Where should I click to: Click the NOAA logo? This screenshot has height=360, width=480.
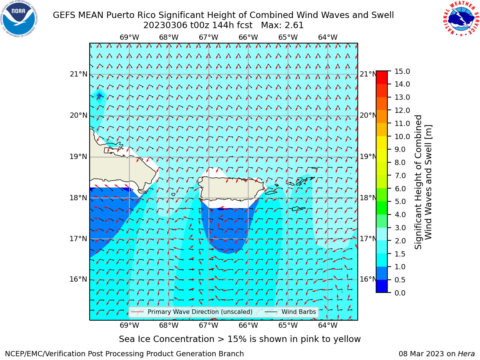click(x=19, y=19)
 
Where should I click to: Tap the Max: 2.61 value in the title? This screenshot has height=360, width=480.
click(x=282, y=25)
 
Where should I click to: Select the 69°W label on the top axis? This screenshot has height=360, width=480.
click(x=129, y=37)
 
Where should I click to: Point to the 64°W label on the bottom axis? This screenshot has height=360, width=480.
click(x=328, y=325)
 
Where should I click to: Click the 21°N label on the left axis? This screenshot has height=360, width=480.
click(x=78, y=74)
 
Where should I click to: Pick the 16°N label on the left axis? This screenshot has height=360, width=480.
click(x=78, y=279)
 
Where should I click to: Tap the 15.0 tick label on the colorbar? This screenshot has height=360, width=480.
click(x=402, y=72)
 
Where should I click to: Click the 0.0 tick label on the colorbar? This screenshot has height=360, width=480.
click(x=400, y=293)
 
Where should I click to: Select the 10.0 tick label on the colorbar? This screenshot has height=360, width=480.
click(x=402, y=136)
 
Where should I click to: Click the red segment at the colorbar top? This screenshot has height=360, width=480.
click(x=382, y=78)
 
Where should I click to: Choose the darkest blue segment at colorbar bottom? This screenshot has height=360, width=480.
click(x=382, y=286)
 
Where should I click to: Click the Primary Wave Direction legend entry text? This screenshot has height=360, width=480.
click(x=200, y=312)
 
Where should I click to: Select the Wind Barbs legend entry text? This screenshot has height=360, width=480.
click(x=299, y=312)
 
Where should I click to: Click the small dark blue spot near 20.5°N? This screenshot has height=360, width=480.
click(x=99, y=96)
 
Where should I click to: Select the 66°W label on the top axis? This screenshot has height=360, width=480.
click(x=248, y=37)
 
